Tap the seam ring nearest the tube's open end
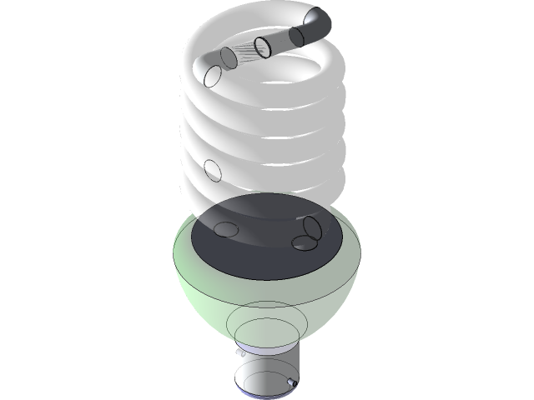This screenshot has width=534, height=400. pyautogui.click(x=295, y=36)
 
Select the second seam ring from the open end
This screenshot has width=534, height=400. pyautogui.click(x=263, y=47)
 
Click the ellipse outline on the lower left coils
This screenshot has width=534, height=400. pyautogui.click(x=213, y=171)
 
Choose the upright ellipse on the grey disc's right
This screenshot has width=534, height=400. pyautogui.click(x=313, y=227)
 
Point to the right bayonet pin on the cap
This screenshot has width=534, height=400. pyautogui.click(x=291, y=382)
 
